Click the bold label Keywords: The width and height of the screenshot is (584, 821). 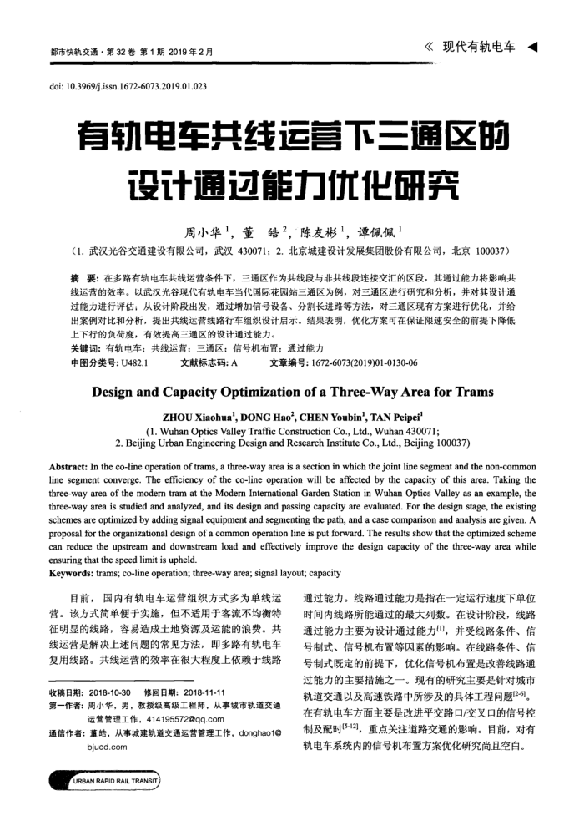pos(73,574)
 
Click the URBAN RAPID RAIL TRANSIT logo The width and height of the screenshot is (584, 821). pos(108,781)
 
